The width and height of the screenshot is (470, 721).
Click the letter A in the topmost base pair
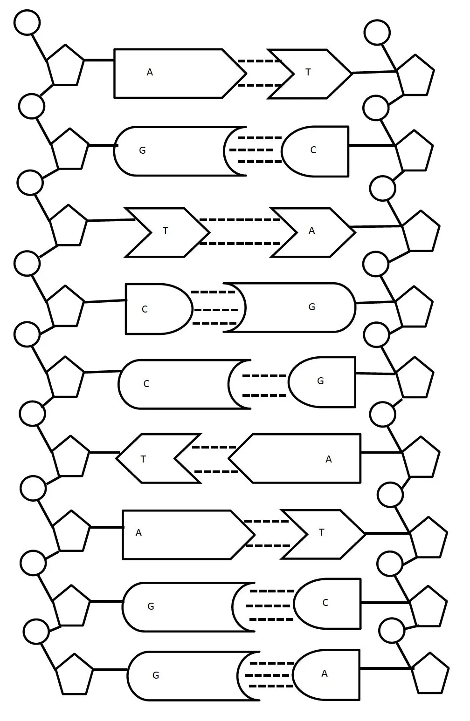[150, 72]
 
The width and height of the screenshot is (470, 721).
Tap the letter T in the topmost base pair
[308, 72]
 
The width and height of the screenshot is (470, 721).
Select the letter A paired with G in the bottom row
[325, 673]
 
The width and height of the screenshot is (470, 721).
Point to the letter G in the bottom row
[156, 675]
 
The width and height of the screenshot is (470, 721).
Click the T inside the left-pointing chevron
[143, 459]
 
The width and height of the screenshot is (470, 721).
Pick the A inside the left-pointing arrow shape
[328, 459]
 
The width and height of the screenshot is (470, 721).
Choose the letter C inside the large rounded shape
[146, 384]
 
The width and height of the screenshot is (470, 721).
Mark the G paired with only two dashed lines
[320, 381]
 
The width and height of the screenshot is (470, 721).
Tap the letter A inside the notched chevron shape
[311, 231]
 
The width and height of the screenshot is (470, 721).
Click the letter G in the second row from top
[142, 150]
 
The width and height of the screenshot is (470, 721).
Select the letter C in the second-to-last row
[325, 603]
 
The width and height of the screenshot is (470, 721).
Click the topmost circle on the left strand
[27, 22]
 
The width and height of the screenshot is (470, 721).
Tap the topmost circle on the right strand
[377, 32]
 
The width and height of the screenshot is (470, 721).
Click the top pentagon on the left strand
[65, 67]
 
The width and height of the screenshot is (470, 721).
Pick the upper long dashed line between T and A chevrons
[240, 219]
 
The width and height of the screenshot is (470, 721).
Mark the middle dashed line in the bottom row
[267, 675]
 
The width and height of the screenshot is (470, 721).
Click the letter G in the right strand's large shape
[311, 307]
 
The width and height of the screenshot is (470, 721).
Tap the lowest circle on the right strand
[392, 631]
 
